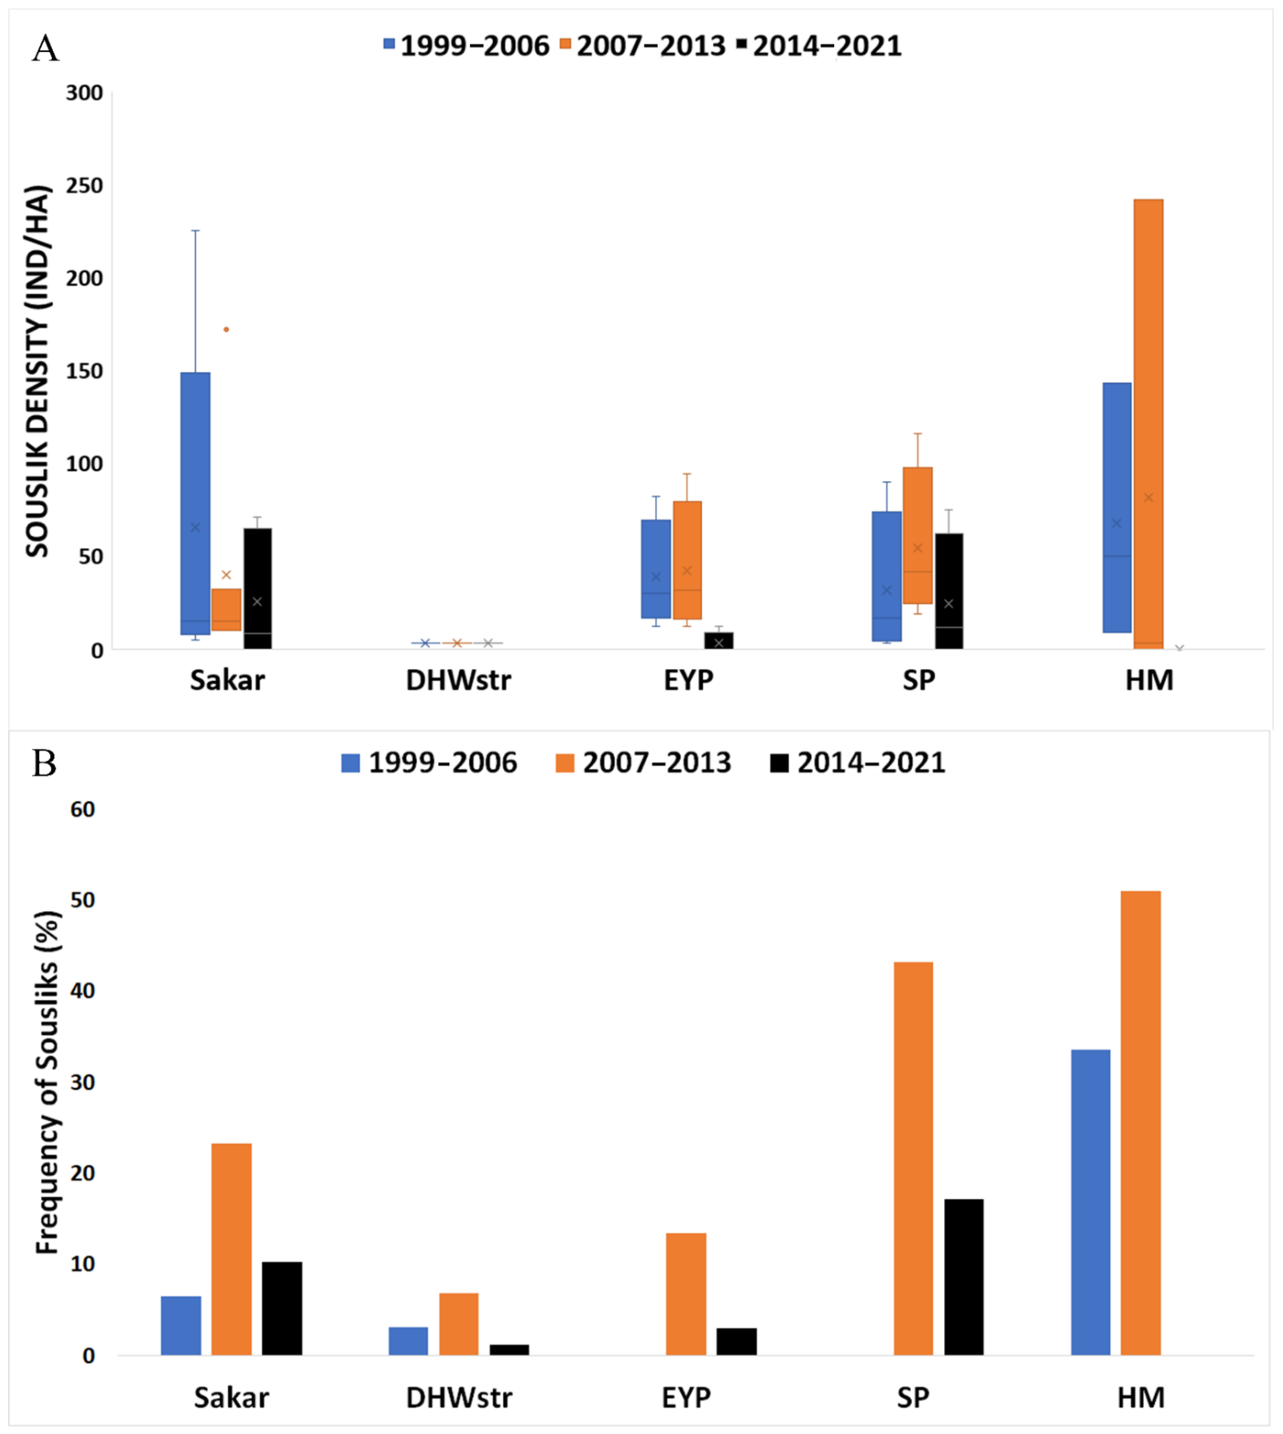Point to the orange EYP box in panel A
pos(687,560)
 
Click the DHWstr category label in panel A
pos(458,680)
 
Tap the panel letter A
pos(46,49)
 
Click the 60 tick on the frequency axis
pos(82,810)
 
